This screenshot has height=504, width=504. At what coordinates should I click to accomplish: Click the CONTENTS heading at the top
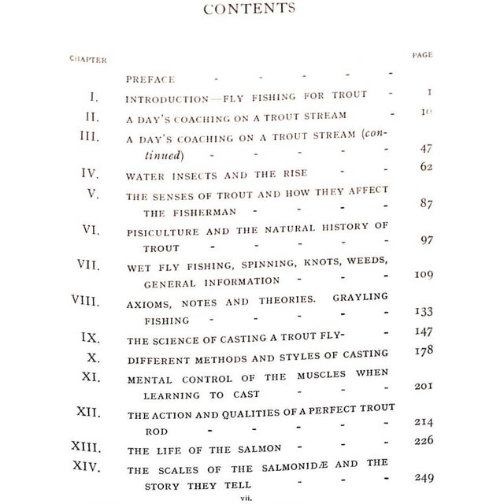pos(250,9)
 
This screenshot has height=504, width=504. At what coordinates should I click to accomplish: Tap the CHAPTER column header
pos(87,59)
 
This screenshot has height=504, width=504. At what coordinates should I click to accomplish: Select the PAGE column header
pos(423,55)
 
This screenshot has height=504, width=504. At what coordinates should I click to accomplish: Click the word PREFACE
pos(150,80)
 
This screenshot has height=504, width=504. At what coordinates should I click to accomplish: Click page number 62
pos(428,168)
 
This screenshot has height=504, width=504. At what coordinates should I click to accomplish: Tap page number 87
pos(428,203)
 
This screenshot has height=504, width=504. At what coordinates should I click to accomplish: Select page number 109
pos(424,275)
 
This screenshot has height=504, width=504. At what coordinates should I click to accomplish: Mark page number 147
pos(424,332)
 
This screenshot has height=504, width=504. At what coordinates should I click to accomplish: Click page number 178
pos(424,350)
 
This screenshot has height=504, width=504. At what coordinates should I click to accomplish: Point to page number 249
pos(424,477)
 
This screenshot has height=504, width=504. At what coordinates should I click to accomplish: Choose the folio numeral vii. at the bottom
pos(251,497)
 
